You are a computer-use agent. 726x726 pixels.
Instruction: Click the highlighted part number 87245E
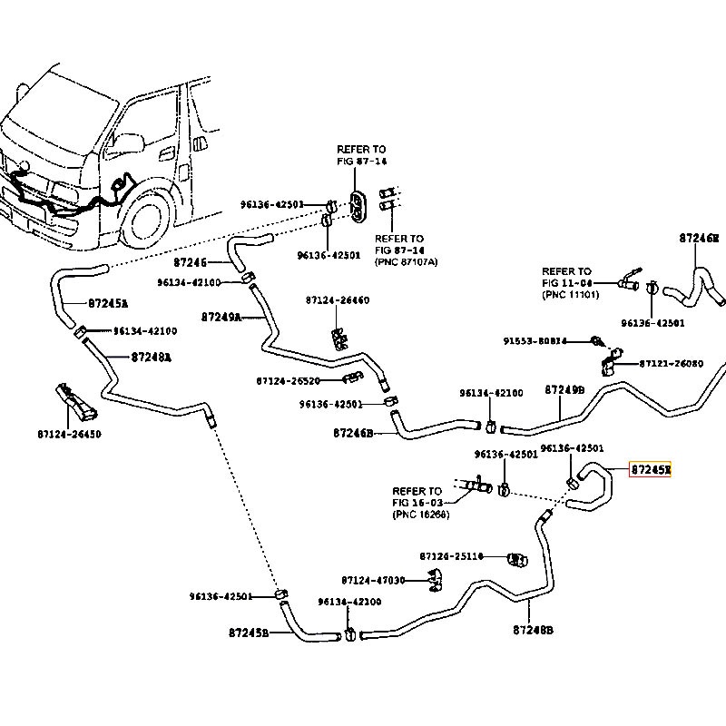click(651, 469)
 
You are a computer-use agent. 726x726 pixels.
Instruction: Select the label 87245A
click(108, 303)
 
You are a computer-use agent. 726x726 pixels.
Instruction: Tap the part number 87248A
click(151, 357)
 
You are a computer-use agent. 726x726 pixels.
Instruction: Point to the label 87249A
click(221, 317)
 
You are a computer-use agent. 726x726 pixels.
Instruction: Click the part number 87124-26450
click(69, 434)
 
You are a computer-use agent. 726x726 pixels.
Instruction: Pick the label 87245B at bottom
click(248, 632)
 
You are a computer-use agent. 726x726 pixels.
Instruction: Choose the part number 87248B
click(533, 630)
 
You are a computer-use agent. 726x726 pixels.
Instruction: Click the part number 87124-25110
click(451, 555)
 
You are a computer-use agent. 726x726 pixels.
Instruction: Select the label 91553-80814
click(535, 341)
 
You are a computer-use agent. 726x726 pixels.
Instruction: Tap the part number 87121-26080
click(671, 363)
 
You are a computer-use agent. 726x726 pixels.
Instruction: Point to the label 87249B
click(564, 389)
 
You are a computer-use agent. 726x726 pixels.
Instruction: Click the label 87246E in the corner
click(699, 238)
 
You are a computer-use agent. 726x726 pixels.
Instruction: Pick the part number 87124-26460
click(337, 299)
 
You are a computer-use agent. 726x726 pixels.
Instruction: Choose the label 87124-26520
click(288, 380)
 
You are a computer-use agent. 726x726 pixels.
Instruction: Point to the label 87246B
click(353, 434)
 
